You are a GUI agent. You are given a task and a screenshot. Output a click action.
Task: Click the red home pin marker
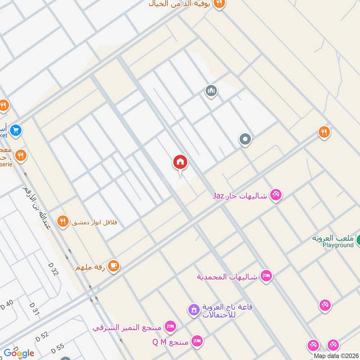[180, 163]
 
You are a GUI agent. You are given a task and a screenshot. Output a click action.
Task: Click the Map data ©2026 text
[336, 356]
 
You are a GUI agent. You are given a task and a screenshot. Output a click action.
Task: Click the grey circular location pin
[245, 139]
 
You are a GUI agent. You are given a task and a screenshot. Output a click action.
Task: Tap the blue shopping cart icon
[16, 130]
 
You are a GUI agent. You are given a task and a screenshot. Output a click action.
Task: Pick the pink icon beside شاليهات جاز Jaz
[276, 195]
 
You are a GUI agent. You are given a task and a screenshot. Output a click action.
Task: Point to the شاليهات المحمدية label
[227, 276]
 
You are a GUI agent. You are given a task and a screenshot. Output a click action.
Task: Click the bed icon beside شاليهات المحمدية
[266, 276]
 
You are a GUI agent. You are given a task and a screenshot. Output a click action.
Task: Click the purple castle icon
[194, 310]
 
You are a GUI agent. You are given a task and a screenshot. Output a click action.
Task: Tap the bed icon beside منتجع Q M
[197, 342]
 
